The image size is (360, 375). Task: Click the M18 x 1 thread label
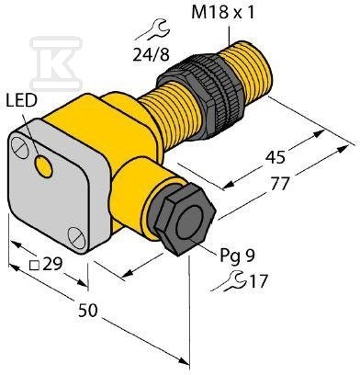(222, 14)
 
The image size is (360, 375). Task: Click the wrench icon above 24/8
(152, 30)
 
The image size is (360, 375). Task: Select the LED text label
(21, 101)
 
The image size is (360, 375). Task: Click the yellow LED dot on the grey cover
(43, 166)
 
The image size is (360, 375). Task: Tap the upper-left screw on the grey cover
(20, 147)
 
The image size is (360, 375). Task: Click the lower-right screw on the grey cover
(76, 237)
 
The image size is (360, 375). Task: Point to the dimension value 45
(275, 157)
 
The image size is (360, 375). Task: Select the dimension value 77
(280, 183)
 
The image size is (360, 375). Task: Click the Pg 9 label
(237, 256)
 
